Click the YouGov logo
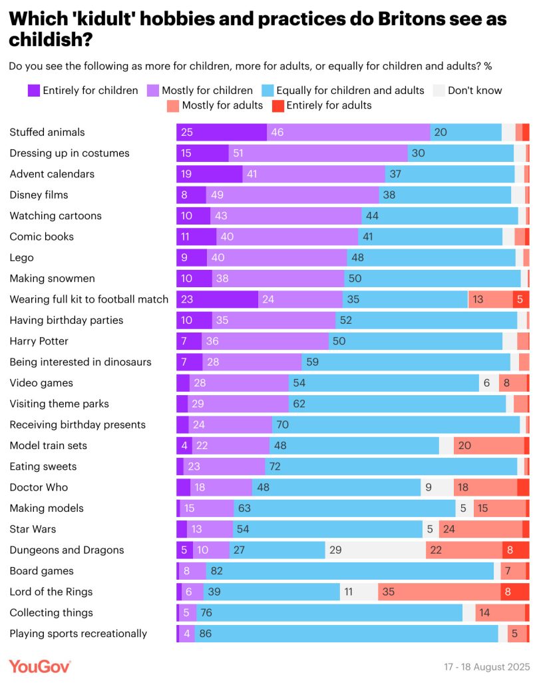point(39,666)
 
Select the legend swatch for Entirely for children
point(34,91)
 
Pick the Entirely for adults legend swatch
point(278,105)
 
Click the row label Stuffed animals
point(47,132)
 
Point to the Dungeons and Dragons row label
point(67,550)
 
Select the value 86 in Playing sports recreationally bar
point(205,634)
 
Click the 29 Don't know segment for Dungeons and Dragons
point(375,550)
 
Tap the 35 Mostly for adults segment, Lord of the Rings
point(439,592)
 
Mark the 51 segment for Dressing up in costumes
point(318,153)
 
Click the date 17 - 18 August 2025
point(486,666)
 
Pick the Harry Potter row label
point(39,341)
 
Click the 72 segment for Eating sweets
point(391,466)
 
